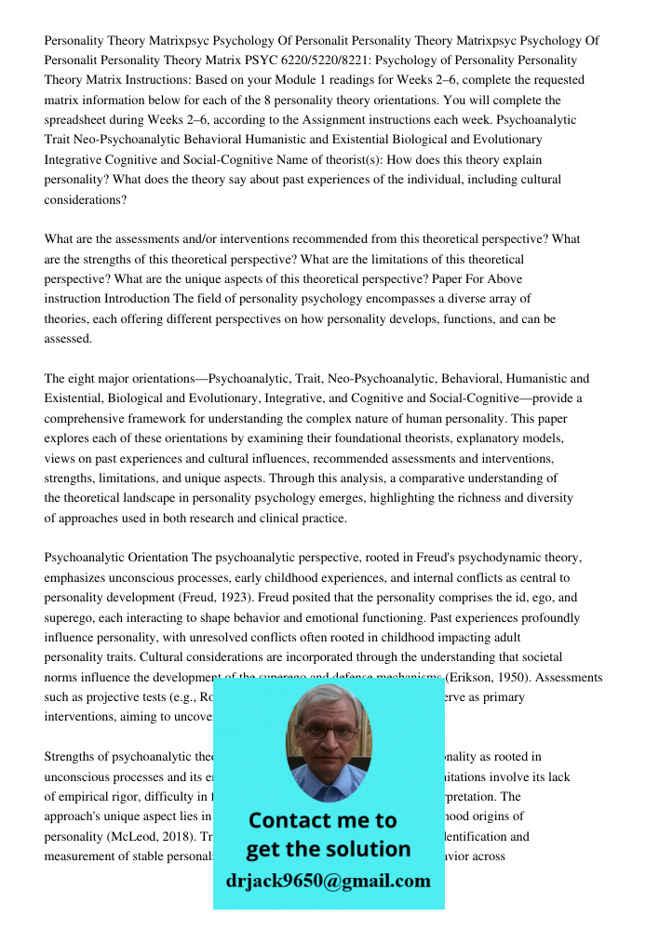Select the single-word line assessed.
[68, 339]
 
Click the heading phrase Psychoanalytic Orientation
[116, 558]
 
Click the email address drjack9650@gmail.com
[329, 881]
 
